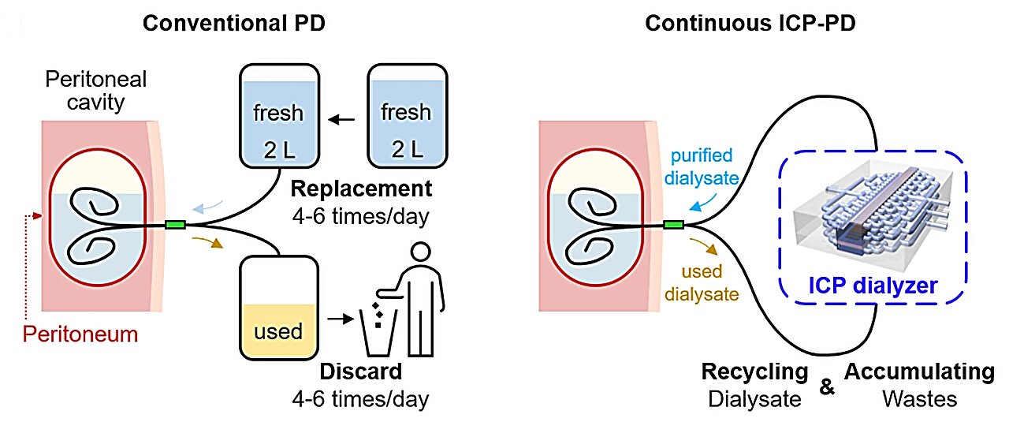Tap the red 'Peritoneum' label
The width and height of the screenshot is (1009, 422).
80,334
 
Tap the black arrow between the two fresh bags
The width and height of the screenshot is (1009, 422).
342,121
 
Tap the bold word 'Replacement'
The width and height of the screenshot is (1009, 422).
361,189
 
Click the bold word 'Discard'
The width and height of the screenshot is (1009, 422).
361,371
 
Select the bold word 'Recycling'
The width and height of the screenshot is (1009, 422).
754,372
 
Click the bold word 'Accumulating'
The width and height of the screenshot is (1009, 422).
919,372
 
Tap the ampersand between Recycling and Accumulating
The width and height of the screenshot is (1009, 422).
827,387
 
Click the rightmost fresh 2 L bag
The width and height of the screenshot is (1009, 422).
406,121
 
